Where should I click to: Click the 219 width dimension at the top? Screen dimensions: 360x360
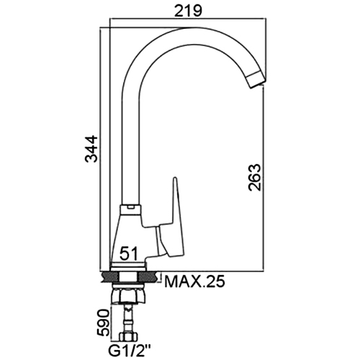click(x=188, y=11)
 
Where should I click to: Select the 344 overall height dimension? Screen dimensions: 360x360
click(x=92, y=149)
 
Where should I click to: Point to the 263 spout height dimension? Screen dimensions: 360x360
click(x=254, y=177)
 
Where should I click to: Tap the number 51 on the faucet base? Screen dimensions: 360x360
click(x=129, y=254)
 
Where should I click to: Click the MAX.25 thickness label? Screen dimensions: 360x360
click(x=194, y=282)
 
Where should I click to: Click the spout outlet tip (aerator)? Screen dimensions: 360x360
click(x=256, y=80)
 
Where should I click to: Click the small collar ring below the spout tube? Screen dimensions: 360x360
click(x=130, y=210)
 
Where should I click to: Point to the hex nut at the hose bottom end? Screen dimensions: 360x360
click(x=129, y=336)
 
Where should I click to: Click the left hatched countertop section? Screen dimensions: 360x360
click(x=111, y=277)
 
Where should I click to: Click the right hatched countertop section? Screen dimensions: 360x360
click(x=148, y=277)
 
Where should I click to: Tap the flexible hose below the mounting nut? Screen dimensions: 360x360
click(x=129, y=318)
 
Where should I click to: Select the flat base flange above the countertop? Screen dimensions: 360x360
click(x=128, y=266)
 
